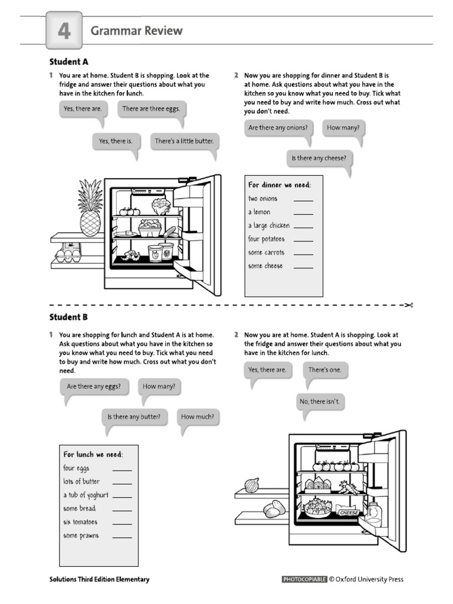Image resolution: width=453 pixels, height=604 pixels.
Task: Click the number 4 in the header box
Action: coord(64,31)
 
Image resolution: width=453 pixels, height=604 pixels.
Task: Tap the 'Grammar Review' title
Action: coord(136,31)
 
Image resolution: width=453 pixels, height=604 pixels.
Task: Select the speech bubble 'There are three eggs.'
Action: coord(151,109)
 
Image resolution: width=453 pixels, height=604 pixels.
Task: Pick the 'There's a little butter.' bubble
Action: coord(183,142)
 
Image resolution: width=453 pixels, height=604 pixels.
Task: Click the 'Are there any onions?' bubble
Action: coord(278,128)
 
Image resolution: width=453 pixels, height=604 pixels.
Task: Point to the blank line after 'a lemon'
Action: coord(303,212)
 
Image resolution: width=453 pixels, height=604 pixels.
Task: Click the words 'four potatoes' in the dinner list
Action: coord(266,239)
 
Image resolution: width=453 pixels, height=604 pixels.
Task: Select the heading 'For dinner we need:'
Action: coord(280,185)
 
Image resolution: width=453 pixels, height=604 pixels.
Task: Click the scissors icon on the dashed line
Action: coord(408,305)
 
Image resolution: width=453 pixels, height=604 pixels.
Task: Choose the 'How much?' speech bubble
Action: coord(197,417)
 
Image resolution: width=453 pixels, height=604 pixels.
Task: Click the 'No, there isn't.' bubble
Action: coord(319,402)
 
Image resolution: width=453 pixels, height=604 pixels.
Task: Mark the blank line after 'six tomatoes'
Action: coord(122,523)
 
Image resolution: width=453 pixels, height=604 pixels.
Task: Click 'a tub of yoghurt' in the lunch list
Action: coord(86,495)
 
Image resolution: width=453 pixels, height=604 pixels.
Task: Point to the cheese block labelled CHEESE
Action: coord(349,512)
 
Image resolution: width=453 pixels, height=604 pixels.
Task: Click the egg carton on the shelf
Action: coord(68,254)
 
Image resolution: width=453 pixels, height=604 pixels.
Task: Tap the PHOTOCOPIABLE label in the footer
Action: coord(304,579)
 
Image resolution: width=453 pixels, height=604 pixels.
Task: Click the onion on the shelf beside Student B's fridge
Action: coord(252,485)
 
